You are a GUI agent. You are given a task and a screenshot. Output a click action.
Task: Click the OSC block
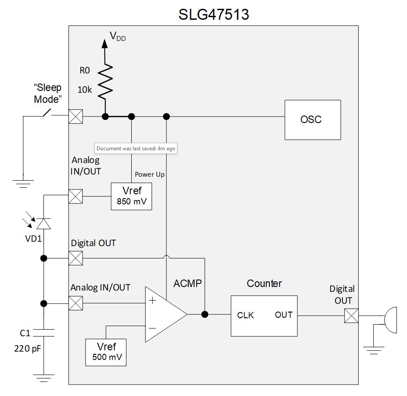(313, 120)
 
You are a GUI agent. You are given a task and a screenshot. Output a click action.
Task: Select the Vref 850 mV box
(131, 196)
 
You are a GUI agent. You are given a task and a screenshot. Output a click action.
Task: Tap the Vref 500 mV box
(106, 352)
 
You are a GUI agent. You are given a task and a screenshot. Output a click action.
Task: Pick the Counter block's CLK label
(245, 315)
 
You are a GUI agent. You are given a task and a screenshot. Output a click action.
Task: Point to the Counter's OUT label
(284, 315)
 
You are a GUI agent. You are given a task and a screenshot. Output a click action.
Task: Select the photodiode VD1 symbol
(43, 225)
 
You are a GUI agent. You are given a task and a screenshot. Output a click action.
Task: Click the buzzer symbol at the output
(390, 316)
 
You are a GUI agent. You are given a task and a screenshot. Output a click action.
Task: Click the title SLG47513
(213, 15)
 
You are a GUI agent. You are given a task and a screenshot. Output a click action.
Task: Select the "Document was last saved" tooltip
(136, 149)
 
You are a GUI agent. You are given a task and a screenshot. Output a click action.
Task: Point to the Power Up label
(150, 174)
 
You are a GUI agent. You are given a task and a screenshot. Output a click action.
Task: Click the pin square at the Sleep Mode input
(76, 117)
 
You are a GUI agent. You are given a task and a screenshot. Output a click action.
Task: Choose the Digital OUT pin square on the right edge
(351, 315)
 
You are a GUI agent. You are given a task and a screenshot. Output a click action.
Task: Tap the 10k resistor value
(85, 90)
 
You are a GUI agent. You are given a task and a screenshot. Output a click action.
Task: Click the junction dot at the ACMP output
(205, 314)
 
